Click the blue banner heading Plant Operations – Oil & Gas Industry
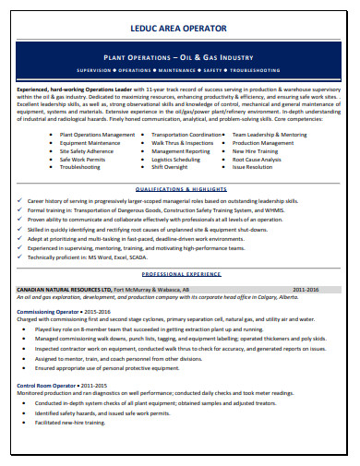[180, 56]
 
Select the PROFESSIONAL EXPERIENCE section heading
[180, 275]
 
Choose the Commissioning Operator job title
[51, 312]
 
